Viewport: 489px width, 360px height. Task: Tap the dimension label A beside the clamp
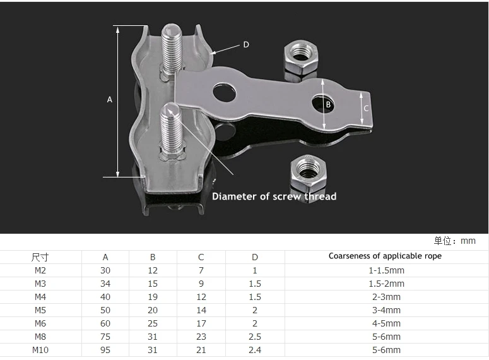[109, 100]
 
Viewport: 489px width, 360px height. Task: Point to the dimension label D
[246, 45]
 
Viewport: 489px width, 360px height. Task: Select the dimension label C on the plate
[366, 109]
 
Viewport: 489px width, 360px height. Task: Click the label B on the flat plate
[328, 105]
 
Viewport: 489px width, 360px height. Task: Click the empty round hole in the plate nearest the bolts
[224, 93]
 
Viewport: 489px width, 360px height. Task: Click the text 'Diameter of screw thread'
[274, 196]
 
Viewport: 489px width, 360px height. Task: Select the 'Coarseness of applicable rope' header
[385, 256]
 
